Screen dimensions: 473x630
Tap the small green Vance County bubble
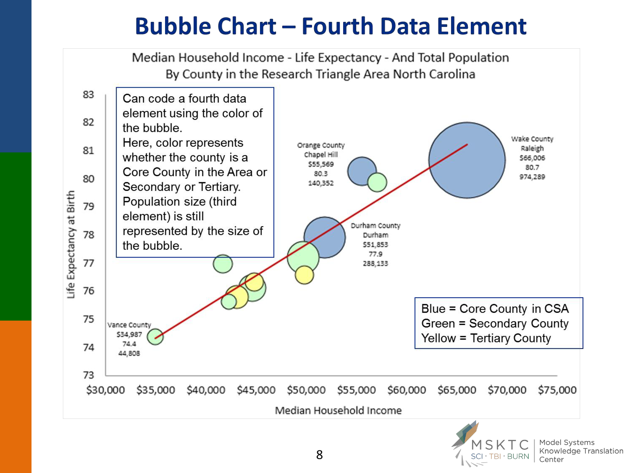click(155, 336)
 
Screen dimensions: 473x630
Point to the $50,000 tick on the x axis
click(306, 390)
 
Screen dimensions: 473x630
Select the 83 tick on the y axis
click(88, 94)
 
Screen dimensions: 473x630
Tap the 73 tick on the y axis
click(88, 375)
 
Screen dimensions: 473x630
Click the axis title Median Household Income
click(338, 411)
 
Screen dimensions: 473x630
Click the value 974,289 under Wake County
click(532, 177)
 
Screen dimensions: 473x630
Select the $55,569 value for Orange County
click(321, 164)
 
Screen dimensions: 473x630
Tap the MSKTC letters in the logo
click(500, 445)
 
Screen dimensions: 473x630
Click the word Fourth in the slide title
click(337, 26)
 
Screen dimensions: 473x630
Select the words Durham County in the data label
click(375, 226)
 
